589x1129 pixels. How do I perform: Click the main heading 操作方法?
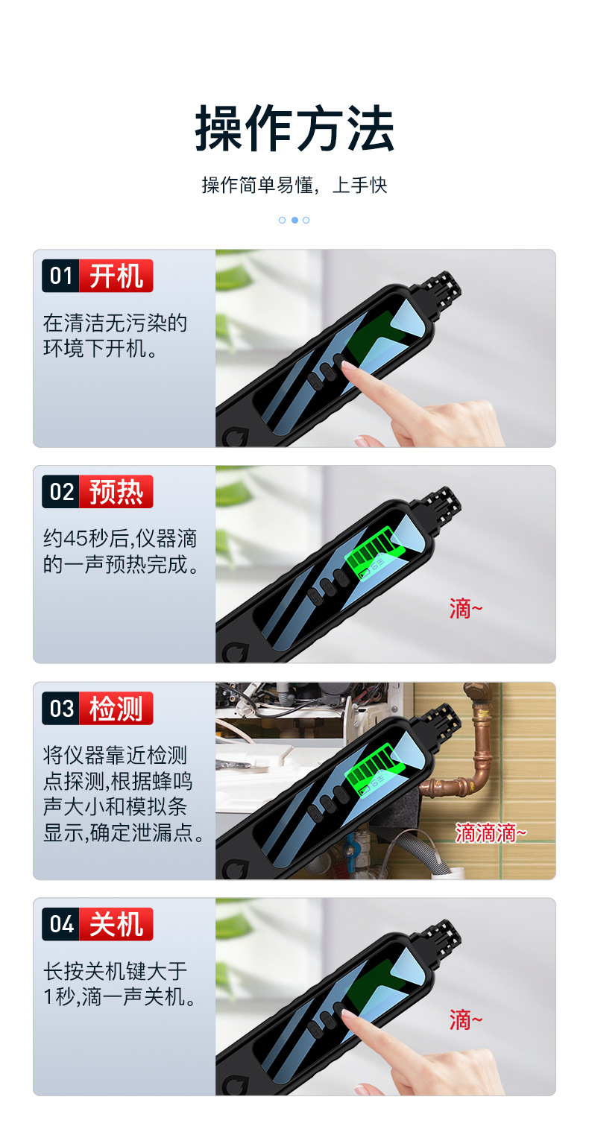tap(294, 129)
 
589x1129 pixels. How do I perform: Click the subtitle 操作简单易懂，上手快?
tap(294, 185)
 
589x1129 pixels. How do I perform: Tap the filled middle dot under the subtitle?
tap(294, 220)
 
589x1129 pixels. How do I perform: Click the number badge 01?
tap(60, 276)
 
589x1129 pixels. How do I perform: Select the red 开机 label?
tap(116, 276)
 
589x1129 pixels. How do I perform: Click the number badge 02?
tap(60, 492)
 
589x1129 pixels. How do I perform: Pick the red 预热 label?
tap(116, 492)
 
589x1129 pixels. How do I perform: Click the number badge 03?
tap(60, 708)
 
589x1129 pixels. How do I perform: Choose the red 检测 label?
tap(116, 708)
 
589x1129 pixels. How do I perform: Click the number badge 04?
tap(60, 924)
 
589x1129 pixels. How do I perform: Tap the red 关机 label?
tap(116, 924)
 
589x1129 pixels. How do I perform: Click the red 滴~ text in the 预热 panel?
tap(466, 609)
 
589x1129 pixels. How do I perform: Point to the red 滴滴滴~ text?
tap(491, 832)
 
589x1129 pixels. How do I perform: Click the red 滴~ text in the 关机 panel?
tap(466, 1019)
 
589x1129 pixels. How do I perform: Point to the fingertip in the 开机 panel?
tap(350, 369)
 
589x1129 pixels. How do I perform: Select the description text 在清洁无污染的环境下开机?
tap(116, 335)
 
